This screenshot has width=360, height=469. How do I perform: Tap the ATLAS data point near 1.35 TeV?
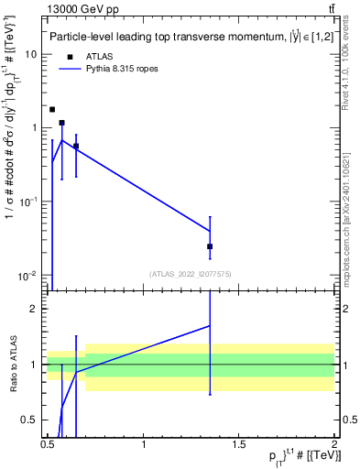point(210,246)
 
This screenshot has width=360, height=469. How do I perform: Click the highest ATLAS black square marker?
point(52,109)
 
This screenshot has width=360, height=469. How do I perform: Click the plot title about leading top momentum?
point(183,37)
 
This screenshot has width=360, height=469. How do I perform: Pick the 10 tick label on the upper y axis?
point(32,54)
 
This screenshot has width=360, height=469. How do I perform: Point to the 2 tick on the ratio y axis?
point(35,309)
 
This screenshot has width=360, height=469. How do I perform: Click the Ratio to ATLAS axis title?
point(12,364)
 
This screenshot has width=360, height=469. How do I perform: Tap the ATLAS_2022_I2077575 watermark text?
point(191,273)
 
